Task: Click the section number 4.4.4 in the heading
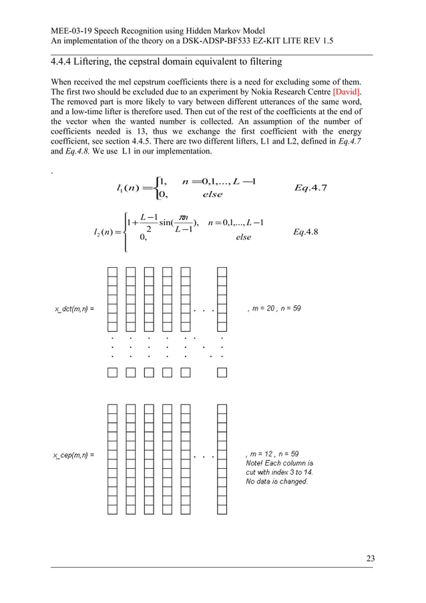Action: coord(65,62)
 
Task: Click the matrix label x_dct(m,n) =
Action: coord(73,309)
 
